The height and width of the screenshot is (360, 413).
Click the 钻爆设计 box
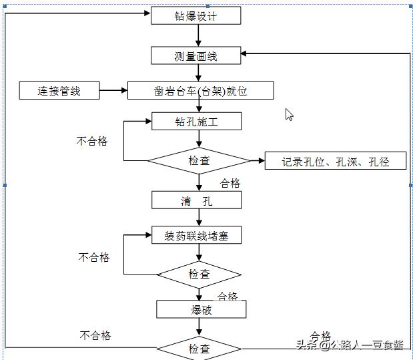point(195,16)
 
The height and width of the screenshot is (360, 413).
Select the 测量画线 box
point(195,56)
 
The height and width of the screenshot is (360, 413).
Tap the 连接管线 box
point(59,91)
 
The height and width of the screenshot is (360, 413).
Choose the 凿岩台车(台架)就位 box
point(200,91)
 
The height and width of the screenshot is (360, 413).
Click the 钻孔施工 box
point(196,122)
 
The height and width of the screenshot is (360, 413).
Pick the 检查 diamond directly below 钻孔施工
point(199,161)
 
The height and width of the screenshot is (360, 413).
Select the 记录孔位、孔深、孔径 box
point(335,161)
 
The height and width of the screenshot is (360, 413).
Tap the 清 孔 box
point(196,200)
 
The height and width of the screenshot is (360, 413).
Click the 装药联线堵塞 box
point(196,235)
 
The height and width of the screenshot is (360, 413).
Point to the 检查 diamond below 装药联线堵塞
point(199,274)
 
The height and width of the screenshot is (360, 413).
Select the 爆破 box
point(201,309)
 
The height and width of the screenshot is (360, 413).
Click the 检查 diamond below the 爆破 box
point(199,349)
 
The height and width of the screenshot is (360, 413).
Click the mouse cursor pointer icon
point(289,114)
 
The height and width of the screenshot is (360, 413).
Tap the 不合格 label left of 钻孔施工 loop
point(92,141)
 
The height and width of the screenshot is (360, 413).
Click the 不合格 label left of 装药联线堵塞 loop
point(94,257)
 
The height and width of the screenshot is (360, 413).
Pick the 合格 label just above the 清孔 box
point(230,183)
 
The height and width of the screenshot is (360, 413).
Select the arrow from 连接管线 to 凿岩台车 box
point(113,90)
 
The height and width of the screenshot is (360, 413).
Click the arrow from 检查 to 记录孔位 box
point(257,161)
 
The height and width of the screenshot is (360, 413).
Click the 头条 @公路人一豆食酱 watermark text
point(350,345)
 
